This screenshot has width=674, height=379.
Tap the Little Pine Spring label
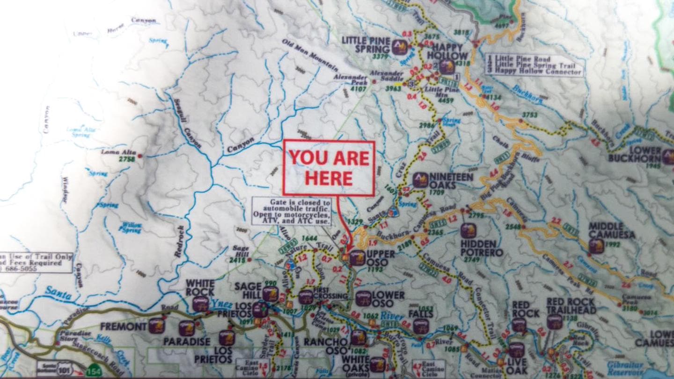pos(366,44)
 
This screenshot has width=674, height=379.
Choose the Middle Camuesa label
pos(612,230)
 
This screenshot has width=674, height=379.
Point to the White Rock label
pos(200,288)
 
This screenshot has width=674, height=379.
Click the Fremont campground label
pos(123,326)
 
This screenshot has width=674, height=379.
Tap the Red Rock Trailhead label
pos(571,306)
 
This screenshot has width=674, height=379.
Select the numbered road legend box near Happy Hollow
pos(534,65)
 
